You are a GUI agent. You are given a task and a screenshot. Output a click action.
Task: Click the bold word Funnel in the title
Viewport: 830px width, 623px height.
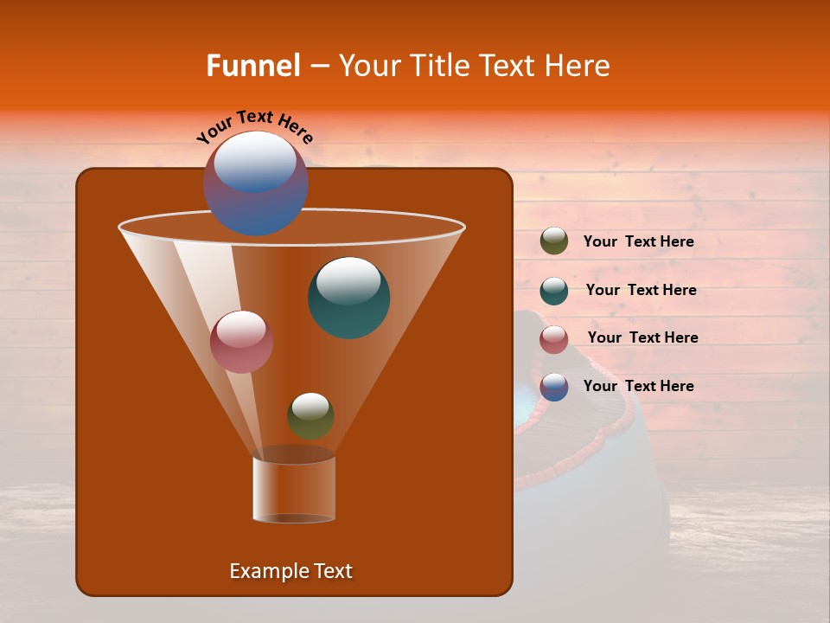click(252, 66)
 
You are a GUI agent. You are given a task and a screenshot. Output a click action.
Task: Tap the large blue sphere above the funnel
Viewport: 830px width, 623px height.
click(256, 183)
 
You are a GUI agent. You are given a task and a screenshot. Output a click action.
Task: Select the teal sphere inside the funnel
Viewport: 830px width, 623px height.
click(349, 298)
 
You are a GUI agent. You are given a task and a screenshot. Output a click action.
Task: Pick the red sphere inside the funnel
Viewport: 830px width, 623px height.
click(242, 342)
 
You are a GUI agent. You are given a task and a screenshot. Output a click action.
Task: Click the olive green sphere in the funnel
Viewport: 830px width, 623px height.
click(310, 416)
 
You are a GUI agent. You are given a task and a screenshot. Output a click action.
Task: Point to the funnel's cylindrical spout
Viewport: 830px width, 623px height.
click(294, 489)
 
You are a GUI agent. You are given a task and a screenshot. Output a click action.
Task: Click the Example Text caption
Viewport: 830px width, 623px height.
click(290, 571)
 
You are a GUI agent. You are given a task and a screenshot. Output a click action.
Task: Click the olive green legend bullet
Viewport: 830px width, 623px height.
click(554, 241)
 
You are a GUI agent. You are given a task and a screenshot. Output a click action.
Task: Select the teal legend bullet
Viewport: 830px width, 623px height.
click(554, 291)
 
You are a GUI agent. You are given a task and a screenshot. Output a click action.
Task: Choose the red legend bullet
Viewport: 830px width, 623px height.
click(554, 339)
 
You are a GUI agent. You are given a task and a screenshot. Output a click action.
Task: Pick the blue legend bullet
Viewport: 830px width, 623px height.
click(554, 387)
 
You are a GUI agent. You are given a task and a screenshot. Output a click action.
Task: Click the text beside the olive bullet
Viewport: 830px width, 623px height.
click(638, 242)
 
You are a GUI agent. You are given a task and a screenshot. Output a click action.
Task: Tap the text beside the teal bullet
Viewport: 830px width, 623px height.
click(641, 291)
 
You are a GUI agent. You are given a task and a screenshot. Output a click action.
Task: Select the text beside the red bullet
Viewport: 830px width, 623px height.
click(642, 338)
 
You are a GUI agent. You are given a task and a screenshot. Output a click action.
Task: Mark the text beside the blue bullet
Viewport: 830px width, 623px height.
click(638, 387)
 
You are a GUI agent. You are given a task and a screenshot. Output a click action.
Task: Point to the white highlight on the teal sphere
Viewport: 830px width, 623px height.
click(349, 280)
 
